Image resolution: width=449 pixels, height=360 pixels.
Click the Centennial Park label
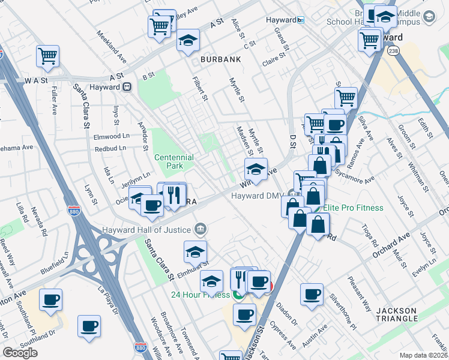(173, 161)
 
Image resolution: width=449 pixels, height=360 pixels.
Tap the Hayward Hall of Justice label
(145, 229)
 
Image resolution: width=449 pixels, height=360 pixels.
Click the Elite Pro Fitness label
(353, 208)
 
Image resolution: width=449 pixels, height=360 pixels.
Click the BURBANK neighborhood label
(221, 59)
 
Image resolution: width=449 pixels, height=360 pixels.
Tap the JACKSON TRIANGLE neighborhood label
(396, 314)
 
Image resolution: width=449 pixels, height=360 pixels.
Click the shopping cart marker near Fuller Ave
(47, 56)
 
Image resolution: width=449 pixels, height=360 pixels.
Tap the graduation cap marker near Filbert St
(188, 41)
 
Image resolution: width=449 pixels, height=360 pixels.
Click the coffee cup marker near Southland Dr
(89, 326)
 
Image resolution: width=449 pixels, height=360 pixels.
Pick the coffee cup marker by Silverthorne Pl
(312, 294)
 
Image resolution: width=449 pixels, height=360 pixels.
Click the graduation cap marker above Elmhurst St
(195, 252)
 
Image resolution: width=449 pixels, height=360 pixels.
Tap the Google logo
(20, 353)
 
